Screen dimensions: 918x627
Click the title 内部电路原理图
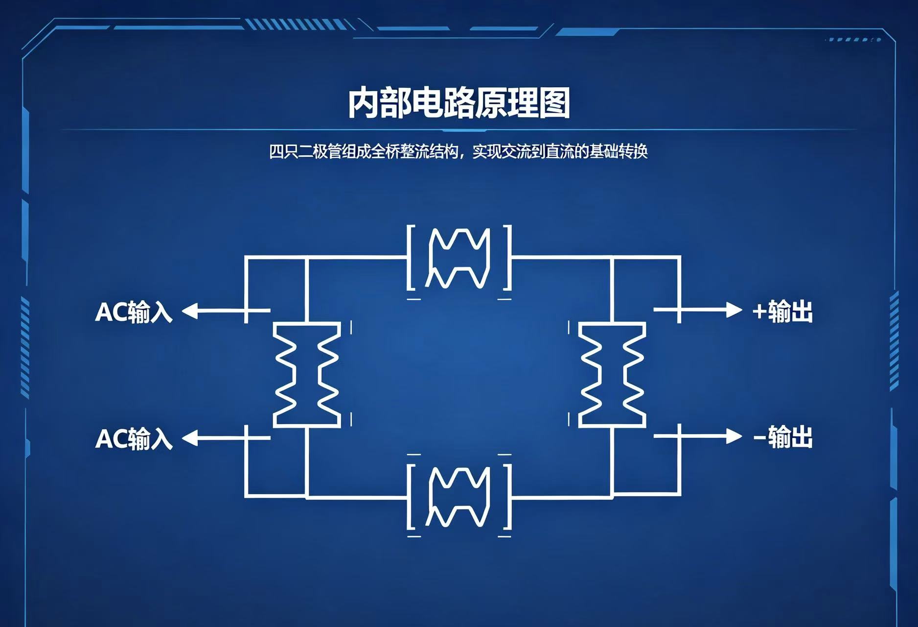tap(459, 103)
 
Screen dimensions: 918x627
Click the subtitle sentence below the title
tap(459, 151)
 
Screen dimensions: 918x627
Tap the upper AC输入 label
tap(134, 312)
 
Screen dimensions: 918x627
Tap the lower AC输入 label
tap(134, 438)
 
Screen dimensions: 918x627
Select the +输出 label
tap(782, 311)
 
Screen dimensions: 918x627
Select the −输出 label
tap(782, 437)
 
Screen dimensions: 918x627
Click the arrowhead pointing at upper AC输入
tap(190, 311)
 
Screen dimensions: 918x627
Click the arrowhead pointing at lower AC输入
tap(190, 437)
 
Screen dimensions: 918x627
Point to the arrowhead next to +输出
tap(734, 310)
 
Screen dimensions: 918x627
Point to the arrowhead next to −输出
tap(734, 436)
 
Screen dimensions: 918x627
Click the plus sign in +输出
tap(759, 312)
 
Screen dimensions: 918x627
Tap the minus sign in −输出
tap(759, 437)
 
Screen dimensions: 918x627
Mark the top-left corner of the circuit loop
tap(246, 257)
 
